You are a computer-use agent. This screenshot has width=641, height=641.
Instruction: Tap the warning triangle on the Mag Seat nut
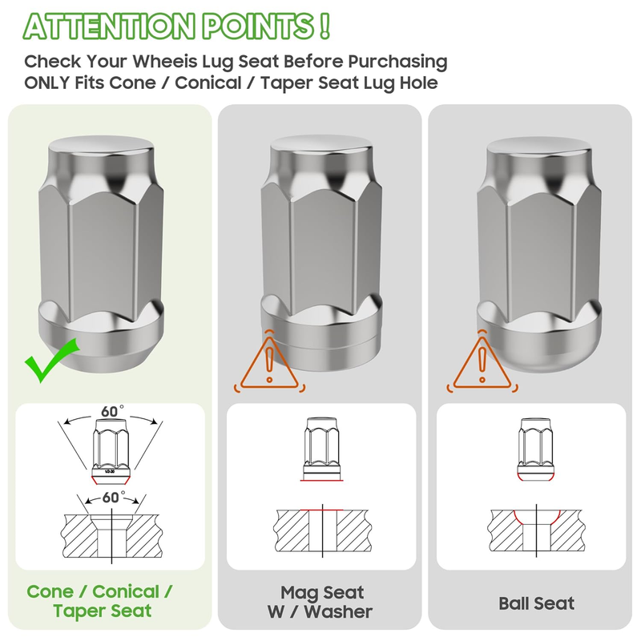(269, 363)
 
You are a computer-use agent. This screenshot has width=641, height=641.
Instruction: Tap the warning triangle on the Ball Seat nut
(482, 363)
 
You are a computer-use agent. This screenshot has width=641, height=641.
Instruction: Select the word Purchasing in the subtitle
(397, 62)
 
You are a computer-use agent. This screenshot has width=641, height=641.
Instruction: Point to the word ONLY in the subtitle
(47, 83)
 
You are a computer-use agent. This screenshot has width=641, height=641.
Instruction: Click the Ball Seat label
(536, 603)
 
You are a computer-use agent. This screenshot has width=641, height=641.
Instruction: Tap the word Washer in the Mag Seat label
(338, 611)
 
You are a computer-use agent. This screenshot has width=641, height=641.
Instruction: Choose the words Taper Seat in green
(103, 611)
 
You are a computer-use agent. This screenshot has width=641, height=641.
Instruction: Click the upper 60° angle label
(111, 411)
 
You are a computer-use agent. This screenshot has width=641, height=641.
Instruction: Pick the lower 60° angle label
(113, 498)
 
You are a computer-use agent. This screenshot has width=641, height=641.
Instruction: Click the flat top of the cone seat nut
(101, 146)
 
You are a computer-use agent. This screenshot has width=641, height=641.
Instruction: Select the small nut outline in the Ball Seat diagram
(536, 449)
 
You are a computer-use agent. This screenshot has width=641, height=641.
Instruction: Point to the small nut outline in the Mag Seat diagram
(322, 448)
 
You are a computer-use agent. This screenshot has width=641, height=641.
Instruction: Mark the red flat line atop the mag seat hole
(322, 510)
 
